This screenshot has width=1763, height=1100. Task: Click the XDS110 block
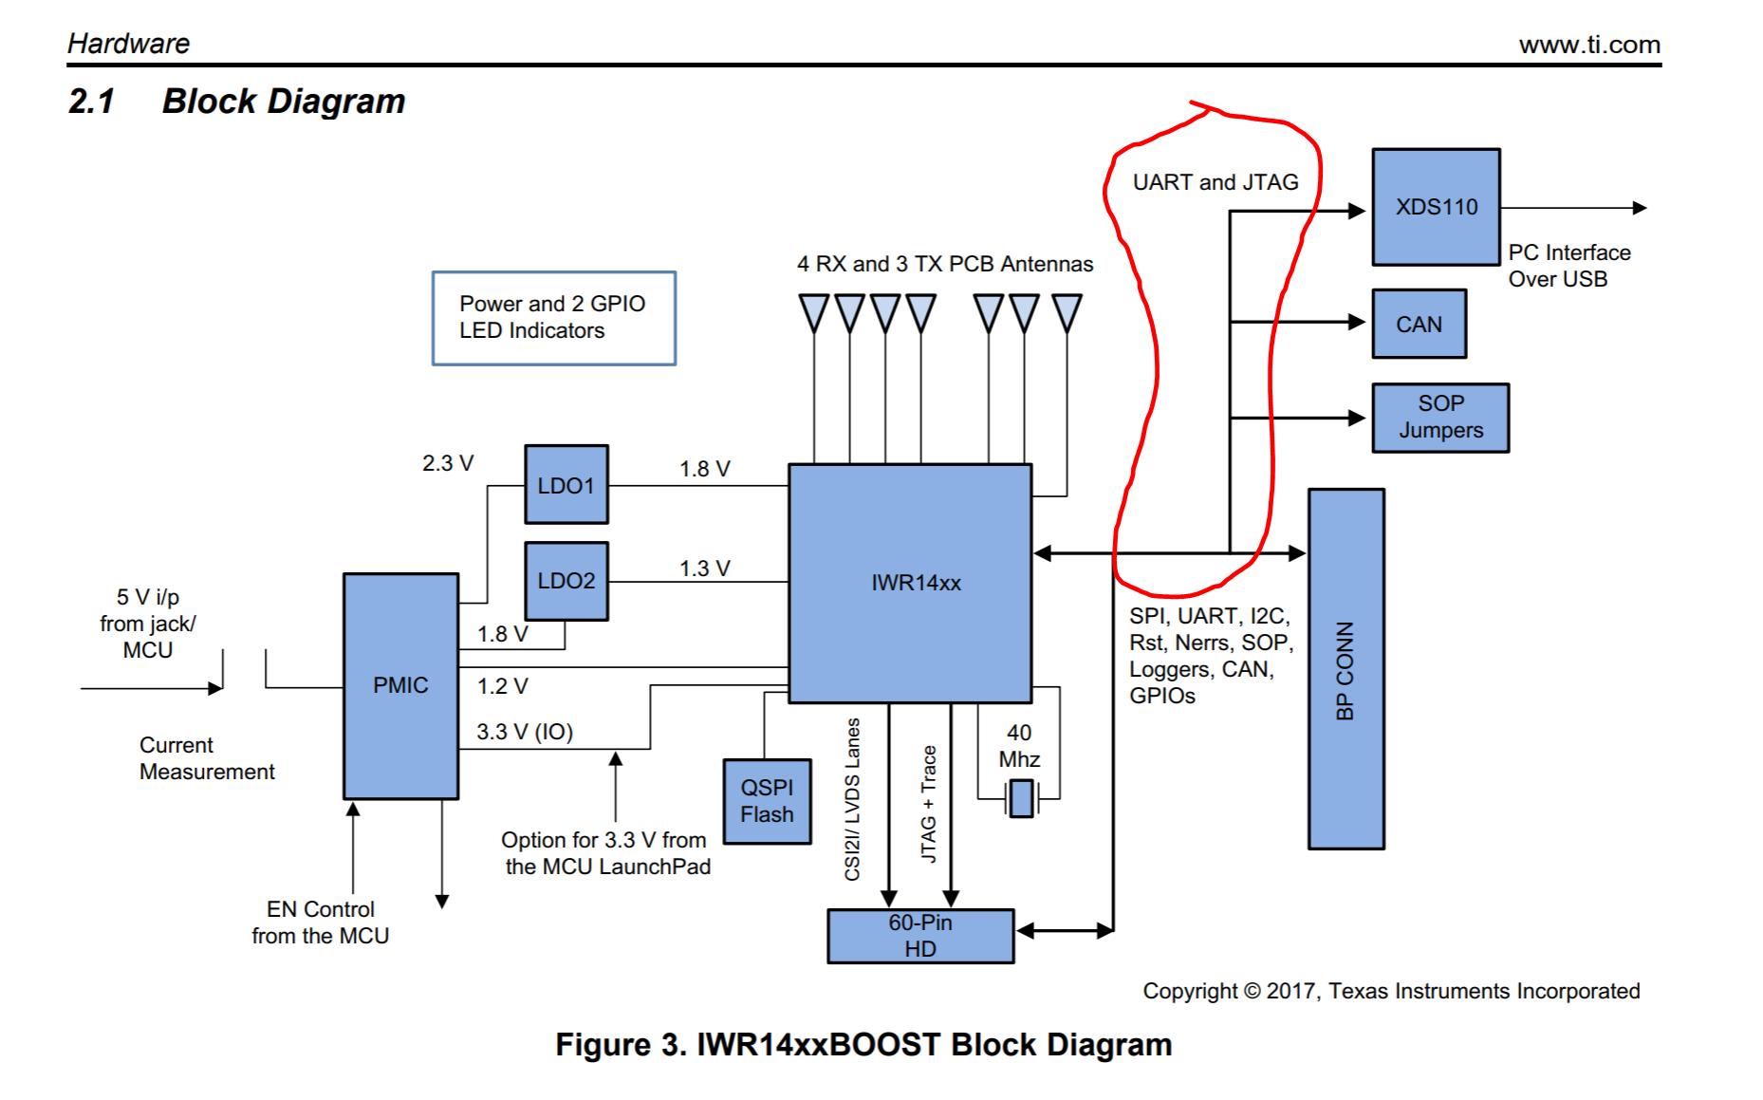coord(1436,207)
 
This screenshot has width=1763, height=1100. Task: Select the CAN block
coord(1419,324)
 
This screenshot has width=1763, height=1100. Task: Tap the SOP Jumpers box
coord(1439,418)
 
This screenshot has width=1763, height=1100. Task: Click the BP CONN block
coord(1345,669)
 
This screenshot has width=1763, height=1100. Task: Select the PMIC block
coord(400,685)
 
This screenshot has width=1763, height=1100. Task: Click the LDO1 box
coord(566,485)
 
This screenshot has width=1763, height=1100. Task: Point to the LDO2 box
coord(566,581)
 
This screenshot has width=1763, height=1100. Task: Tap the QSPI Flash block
coord(767,801)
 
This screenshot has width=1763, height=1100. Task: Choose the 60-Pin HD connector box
coord(920,936)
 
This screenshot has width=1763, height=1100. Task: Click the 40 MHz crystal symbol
coord(1021,798)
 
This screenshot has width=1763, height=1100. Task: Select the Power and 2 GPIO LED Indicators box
coord(553,318)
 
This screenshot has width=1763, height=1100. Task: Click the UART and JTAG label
coord(1216,182)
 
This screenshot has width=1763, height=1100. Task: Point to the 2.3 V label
coord(448,463)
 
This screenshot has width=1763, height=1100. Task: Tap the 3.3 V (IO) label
coord(525,732)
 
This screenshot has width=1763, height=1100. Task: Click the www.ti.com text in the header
coord(1589,45)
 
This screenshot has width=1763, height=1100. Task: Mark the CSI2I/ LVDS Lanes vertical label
coord(852,799)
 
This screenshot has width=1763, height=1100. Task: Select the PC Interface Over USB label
coord(1568,266)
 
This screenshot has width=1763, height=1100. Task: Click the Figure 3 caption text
coord(863,1044)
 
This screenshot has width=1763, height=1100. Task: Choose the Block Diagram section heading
coord(283,102)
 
